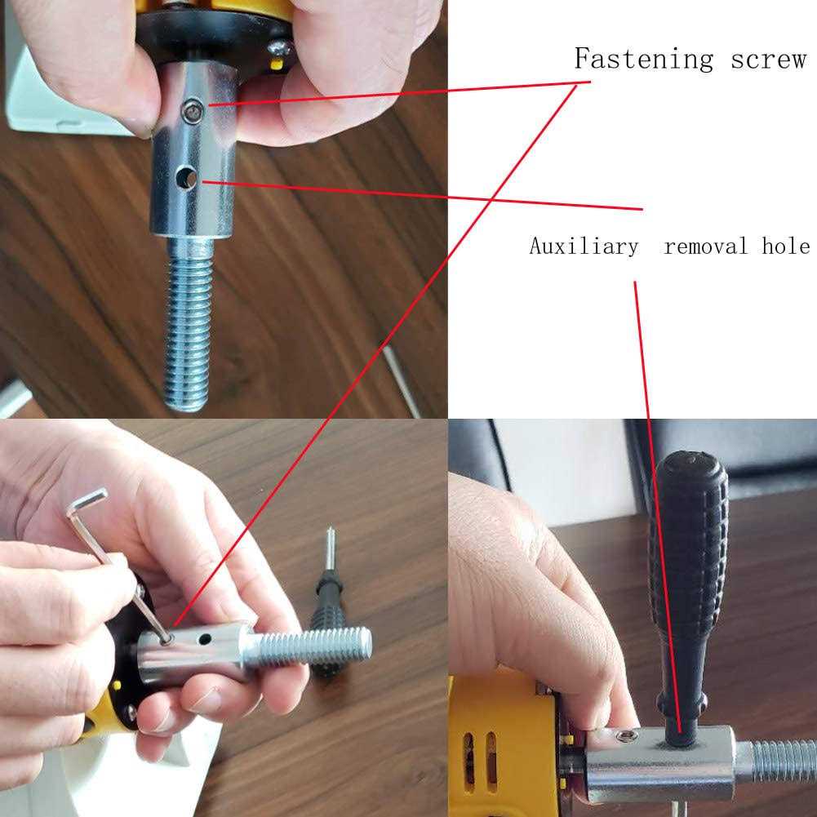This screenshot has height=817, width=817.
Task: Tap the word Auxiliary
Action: point(584,246)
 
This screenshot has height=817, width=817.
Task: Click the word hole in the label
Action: point(786,246)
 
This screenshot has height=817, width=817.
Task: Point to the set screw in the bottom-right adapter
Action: point(626,737)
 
